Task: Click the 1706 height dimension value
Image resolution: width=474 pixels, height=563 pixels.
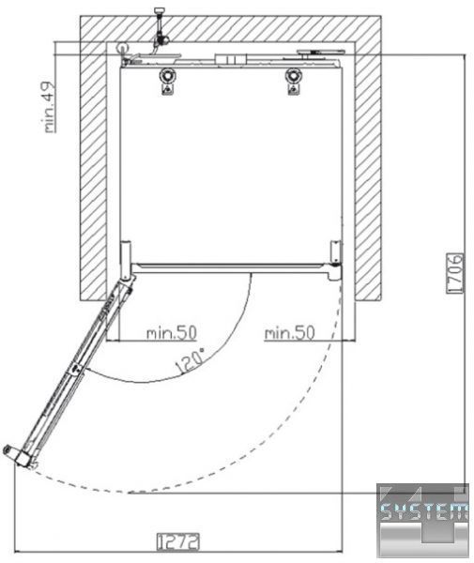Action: click(454, 273)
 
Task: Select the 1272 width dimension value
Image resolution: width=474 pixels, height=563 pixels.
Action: click(178, 541)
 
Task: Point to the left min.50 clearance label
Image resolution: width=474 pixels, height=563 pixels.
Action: click(172, 332)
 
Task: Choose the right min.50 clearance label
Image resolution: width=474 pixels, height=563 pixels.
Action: click(289, 332)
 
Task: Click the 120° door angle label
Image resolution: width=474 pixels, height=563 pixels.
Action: click(191, 360)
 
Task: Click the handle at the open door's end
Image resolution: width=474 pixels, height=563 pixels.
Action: click(18, 456)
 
